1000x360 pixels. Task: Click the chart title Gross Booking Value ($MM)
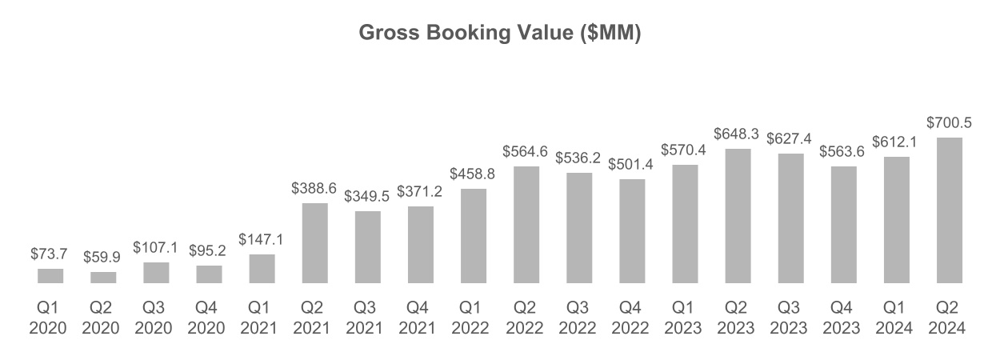(x=499, y=34)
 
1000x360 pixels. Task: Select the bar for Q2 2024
(x=949, y=210)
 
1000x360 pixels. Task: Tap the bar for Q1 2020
(x=50, y=276)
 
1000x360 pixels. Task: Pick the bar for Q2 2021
(x=314, y=243)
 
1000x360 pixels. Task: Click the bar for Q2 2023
(x=738, y=216)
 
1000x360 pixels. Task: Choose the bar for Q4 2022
(x=632, y=231)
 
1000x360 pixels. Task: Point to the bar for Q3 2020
(x=156, y=273)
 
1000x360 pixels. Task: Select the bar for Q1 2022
(x=473, y=236)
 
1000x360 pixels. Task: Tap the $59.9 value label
(x=103, y=258)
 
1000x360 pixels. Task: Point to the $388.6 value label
(x=314, y=189)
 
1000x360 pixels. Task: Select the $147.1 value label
(x=262, y=240)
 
